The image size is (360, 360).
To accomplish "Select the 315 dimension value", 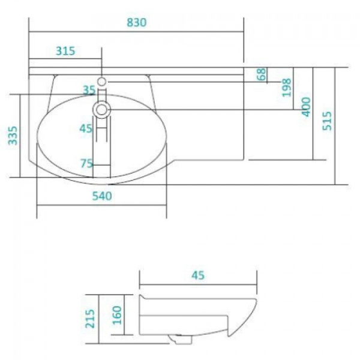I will click(65, 51).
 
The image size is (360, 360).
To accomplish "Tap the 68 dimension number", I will click(261, 75).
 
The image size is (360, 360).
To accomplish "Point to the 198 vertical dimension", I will click(286, 88).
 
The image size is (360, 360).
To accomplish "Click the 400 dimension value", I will click(306, 106).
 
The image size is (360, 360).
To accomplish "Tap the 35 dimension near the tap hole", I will click(89, 90).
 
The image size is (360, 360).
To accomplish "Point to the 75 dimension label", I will click(87, 163).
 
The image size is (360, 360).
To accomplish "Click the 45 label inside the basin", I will click(86, 128).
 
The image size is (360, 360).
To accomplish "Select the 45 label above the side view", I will click(198, 275).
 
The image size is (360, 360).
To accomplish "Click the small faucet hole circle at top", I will click(102, 80).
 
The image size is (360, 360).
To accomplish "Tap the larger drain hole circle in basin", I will click(102, 109).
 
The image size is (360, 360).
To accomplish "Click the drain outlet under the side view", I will click(178, 340).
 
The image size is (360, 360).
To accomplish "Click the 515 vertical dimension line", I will click(335, 126).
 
